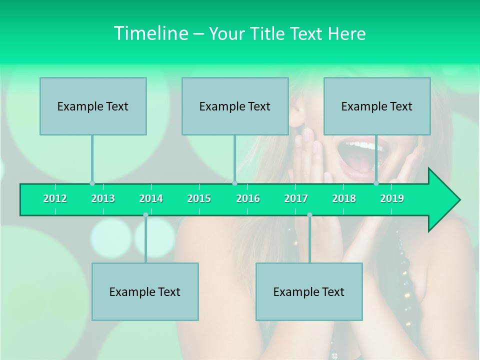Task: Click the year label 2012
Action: point(55,199)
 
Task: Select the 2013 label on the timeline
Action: point(103,199)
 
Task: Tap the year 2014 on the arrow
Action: point(151,199)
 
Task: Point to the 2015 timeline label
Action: point(199,199)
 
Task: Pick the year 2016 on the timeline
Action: point(248,199)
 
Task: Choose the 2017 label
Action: point(296,199)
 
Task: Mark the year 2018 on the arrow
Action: point(344,199)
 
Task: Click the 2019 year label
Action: point(392,199)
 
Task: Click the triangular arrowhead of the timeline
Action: point(443,200)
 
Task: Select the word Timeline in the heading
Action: point(150,33)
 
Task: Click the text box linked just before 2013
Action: point(93,106)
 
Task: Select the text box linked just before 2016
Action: point(235,106)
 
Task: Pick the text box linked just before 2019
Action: point(377,106)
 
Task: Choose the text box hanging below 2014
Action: point(145,291)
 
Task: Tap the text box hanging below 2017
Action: point(309,291)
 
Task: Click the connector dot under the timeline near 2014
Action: point(145,215)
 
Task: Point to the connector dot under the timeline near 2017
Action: point(309,215)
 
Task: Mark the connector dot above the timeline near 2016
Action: point(234,183)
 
